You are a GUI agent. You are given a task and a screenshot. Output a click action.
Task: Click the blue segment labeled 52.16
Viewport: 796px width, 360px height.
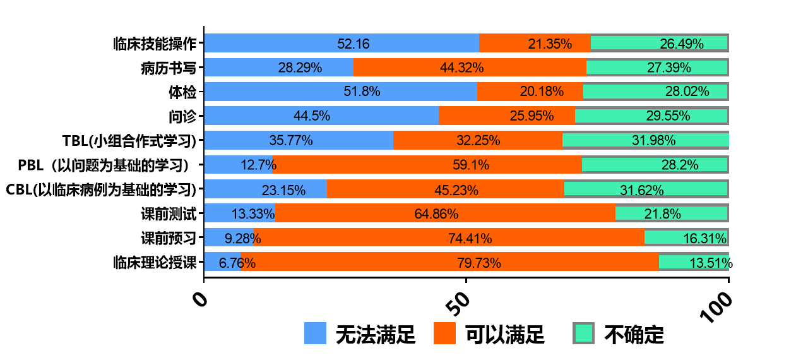pyautogui.click(x=342, y=43)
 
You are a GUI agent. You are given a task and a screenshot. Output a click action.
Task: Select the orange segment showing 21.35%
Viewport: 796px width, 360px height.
pyautogui.click(x=535, y=43)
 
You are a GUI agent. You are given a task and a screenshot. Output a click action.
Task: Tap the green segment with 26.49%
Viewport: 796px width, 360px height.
pyautogui.click(x=659, y=43)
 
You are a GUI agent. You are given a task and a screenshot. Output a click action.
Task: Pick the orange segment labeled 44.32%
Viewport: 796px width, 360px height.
pyautogui.click(x=470, y=68)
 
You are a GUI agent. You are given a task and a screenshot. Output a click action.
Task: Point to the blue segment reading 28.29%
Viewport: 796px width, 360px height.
pyautogui.click(x=278, y=68)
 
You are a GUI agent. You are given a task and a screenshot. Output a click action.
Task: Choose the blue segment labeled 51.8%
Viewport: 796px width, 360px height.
pyautogui.click(x=340, y=92)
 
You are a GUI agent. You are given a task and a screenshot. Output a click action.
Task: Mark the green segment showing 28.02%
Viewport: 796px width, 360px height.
pyautogui.click(x=655, y=92)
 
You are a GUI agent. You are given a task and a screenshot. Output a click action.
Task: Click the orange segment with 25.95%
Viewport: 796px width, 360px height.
pyautogui.click(x=507, y=116)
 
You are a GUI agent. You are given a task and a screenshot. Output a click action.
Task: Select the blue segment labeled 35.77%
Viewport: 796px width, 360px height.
pyautogui.click(x=299, y=140)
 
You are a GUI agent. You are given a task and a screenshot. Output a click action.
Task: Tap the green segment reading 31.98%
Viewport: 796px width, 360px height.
pyautogui.click(x=645, y=140)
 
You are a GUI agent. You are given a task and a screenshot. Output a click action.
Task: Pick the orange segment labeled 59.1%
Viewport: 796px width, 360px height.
pyautogui.click(x=427, y=165)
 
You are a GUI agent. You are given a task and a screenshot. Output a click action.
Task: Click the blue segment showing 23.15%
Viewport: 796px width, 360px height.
pyautogui.click(x=265, y=189)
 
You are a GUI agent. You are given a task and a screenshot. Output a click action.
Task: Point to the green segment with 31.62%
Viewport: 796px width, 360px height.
pyautogui.click(x=646, y=189)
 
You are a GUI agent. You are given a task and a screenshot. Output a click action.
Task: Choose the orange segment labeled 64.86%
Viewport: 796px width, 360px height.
pyautogui.click(x=445, y=213)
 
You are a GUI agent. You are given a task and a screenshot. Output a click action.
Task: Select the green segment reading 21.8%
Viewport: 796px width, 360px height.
pyautogui.click(x=672, y=213)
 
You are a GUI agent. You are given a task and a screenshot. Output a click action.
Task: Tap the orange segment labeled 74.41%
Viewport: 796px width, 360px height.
pyautogui.click(x=449, y=237)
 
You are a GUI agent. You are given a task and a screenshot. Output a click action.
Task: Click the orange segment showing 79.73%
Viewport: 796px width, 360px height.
pyautogui.click(x=449, y=261)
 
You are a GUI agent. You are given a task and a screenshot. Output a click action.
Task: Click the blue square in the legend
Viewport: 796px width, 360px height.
pyautogui.click(x=315, y=333)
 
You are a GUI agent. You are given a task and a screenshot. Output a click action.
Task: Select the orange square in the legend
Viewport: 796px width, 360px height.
pyautogui.click(x=444, y=333)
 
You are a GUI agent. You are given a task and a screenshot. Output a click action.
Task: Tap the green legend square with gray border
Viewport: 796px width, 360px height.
pyautogui.click(x=583, y=333)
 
